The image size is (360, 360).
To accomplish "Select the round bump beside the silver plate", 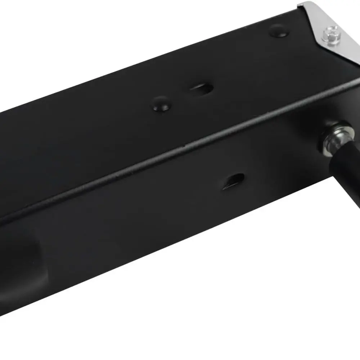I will tap(279, 31).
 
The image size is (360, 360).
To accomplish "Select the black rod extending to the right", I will tap(347, 173).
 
